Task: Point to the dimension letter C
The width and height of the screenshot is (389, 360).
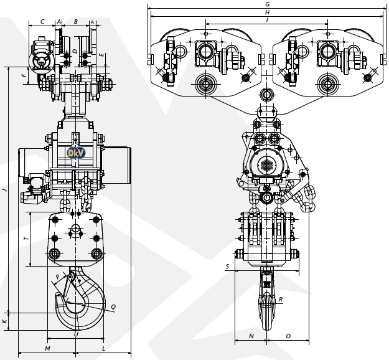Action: pyautogui.click(x=42, y=21)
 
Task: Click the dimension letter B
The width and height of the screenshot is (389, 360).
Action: pyautogui.click(x=75, y=21)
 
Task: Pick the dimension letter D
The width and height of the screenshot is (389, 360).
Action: pyautogui.click(x=75, y=50)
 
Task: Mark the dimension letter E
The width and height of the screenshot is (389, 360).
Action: pyautogui.click(x=102, y=55)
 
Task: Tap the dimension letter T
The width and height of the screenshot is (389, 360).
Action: pyautogui.click(x=26, y=239)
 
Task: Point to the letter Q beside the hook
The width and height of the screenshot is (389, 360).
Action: pyautogui.click(x=113, y=307)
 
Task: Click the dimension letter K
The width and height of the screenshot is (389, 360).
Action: pyautogui.click(x=4, y=321)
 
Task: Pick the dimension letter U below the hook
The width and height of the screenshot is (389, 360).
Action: pyautogui.click(x=76, y=334)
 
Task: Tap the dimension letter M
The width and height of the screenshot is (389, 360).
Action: pyautogui.click(x=47, y=348)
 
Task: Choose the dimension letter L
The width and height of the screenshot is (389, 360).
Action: pyautogui.click(x=103, y=348)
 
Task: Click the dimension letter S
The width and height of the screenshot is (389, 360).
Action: pyautogui.click(x=227, y=267)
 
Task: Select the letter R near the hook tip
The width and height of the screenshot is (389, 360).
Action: pyautogui.click(x=281, y=300)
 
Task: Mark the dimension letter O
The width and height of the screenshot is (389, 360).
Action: pyautogui.click(x=288, y=336)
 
